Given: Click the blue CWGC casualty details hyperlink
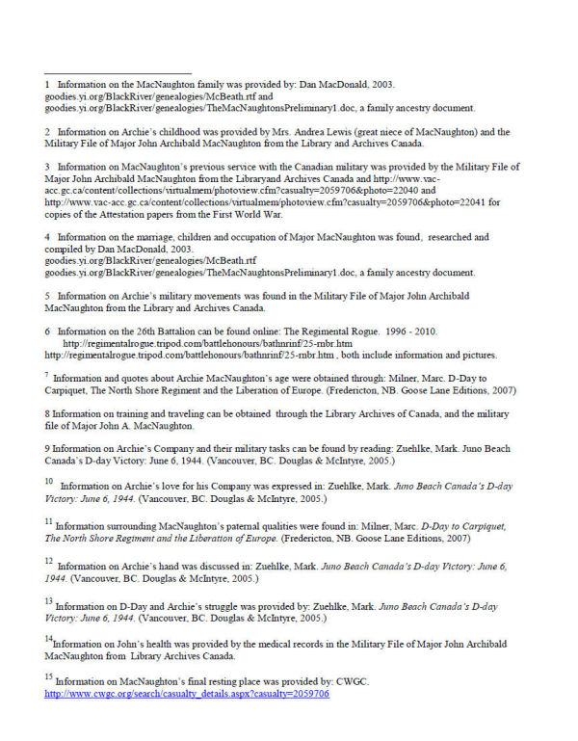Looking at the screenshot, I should pyautogui.click(x=187, y=694).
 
